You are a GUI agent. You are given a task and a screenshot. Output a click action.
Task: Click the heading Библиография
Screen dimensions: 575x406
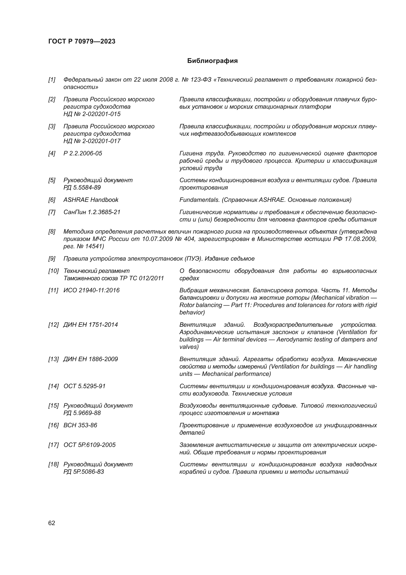click(212, 61)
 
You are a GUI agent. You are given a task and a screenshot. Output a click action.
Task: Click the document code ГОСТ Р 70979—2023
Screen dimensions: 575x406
click(82, 41)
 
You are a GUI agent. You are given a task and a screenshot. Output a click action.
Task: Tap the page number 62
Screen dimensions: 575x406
click(52, 523)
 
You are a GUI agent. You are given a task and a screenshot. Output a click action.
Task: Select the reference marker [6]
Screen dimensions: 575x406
click(52, 200)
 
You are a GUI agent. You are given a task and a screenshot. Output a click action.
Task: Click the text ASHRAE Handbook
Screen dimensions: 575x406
click(91, 200)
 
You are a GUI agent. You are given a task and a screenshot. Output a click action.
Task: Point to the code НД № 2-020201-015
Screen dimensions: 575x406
click(92, 114)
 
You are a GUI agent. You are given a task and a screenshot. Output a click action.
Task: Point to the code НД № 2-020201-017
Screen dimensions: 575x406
click(92, 141)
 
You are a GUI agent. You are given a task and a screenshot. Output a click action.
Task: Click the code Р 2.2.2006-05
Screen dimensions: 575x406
click(83, 153)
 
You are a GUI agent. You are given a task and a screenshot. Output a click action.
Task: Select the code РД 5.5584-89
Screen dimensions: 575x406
click(82, 188)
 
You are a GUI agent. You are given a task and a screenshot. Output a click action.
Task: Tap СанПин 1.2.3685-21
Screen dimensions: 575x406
click(92, 212)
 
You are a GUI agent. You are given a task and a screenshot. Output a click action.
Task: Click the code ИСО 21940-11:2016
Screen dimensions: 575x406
click(91, 290)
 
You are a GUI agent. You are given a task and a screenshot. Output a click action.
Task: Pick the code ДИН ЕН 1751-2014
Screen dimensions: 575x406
click(90, 325)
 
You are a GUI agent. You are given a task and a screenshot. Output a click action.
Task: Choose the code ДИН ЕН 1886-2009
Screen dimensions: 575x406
click(90, 359)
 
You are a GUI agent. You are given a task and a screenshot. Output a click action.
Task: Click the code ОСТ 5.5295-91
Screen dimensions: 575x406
click(84, 386)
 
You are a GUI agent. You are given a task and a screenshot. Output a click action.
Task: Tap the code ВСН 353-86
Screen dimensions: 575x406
click(80, 425)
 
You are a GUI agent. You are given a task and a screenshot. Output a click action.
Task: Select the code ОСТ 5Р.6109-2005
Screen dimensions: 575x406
click(90, 445)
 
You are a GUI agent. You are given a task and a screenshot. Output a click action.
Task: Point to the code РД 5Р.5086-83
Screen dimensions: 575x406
click(83, 472)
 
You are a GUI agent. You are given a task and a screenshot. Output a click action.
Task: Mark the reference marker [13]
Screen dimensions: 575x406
click(53, 359)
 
